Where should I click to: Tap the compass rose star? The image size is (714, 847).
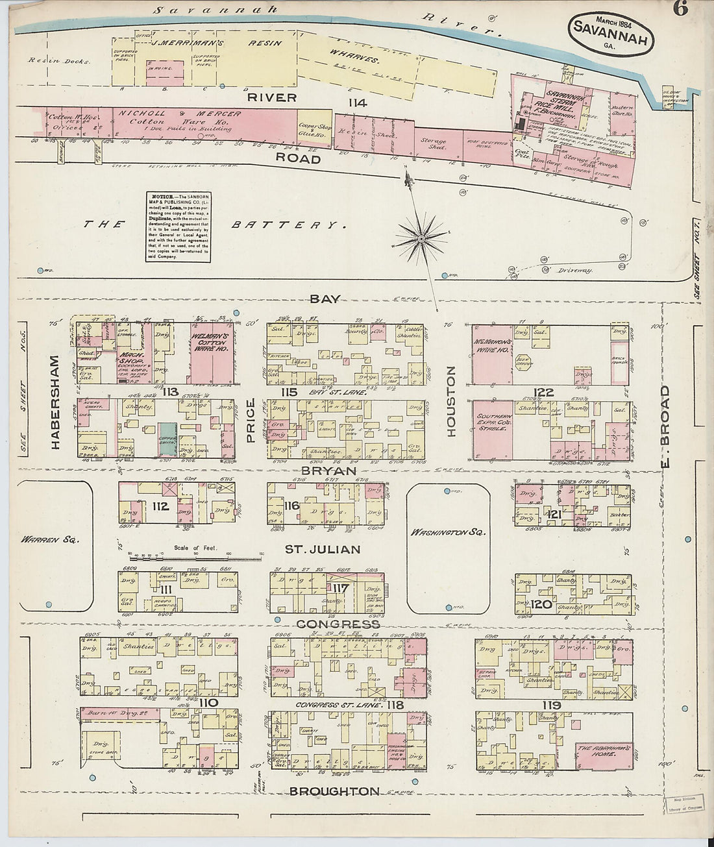pos(421,239)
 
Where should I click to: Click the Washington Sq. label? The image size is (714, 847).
pos(447,532)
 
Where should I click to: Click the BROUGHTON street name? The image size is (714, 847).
pos(334,791)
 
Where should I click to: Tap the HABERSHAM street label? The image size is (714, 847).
pos(55,402)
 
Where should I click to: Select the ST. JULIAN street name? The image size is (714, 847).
pos(323,550)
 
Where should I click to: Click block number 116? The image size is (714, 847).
pos(290,505)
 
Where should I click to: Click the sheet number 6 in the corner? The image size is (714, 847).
pos(680,9)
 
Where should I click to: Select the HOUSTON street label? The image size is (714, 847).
pos(452,400)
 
